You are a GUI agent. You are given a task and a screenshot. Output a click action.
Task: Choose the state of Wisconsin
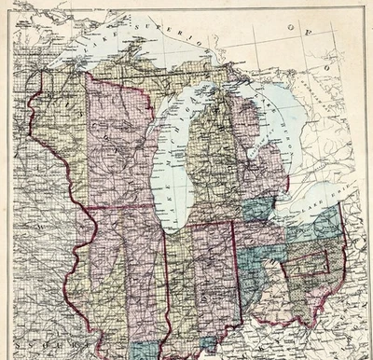click(117, 149)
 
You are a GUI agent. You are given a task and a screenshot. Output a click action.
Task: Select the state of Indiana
click(200, 280)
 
